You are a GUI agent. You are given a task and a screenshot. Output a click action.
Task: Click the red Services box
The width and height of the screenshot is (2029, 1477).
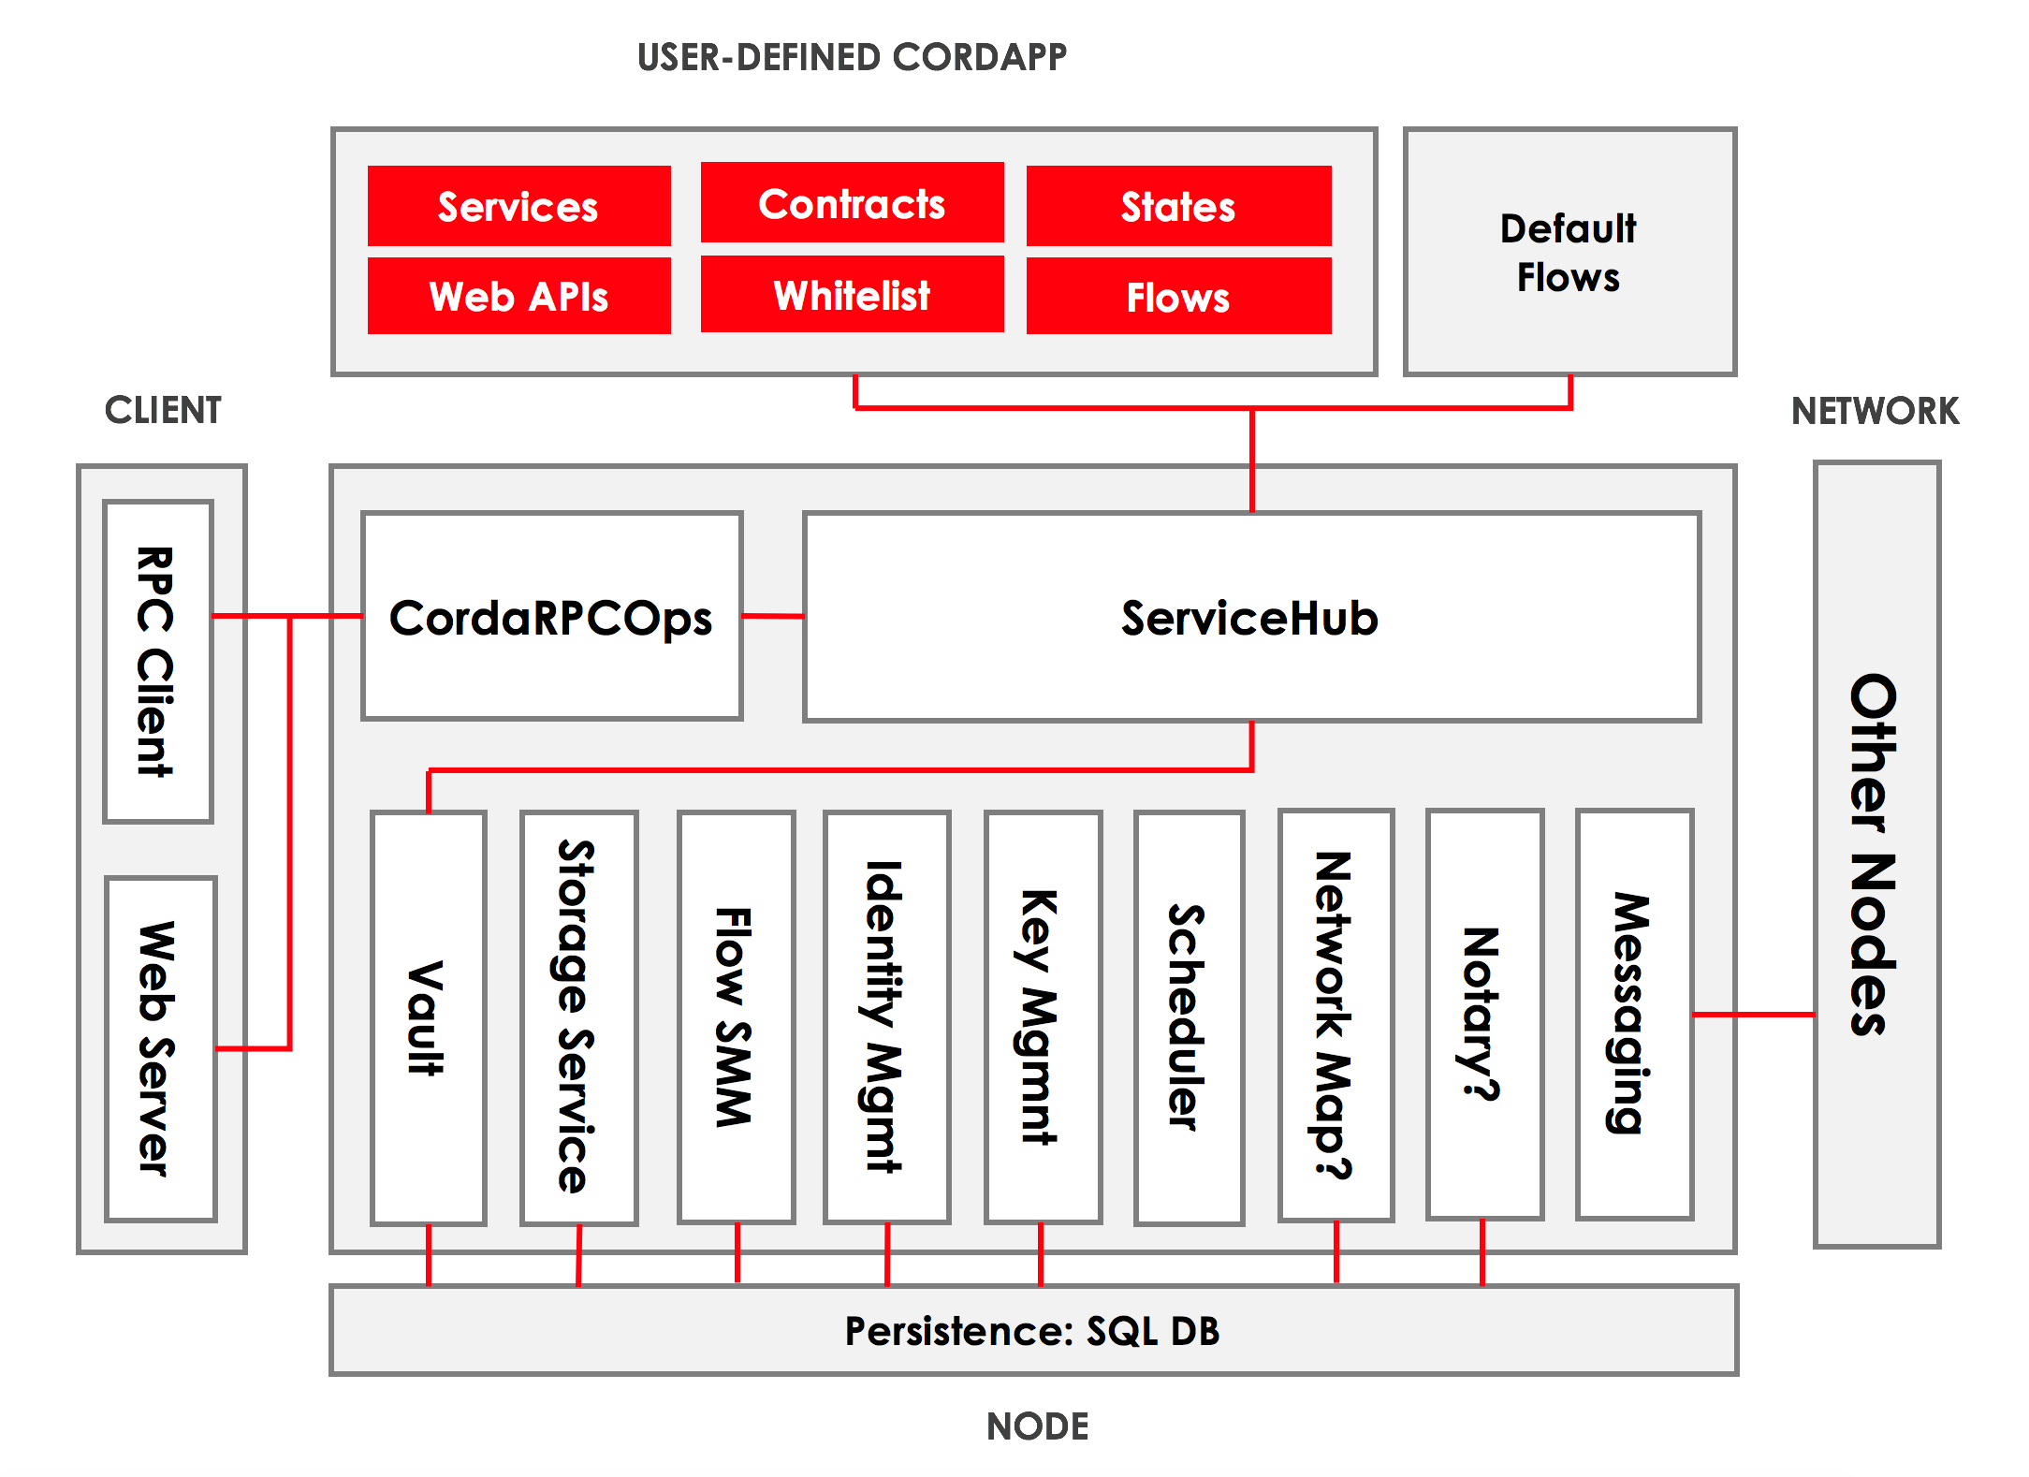click(518, 206)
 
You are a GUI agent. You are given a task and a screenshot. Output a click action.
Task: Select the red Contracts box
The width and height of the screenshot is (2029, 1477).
click(852, 203)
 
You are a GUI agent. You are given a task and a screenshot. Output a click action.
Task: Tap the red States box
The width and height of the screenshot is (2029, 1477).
click(1178, 206)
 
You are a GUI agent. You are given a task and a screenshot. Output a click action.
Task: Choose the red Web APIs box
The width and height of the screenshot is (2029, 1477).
click(518, 296)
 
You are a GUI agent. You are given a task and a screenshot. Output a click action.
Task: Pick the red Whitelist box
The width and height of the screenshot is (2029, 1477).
click(852, 295)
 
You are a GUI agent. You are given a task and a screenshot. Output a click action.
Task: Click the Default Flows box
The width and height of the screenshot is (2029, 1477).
click(1569, 253)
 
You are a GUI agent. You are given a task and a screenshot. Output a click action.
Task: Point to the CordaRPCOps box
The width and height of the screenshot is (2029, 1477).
click(552, 617)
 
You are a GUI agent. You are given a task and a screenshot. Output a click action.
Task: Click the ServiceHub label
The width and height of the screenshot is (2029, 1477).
click(1250, 619)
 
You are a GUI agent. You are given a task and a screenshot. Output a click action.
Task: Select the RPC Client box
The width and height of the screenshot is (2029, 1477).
click(158, 662)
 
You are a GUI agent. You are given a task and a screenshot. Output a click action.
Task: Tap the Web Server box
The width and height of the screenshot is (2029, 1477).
click(161, 1049)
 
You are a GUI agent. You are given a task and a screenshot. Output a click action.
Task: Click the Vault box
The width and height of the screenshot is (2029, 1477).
click(429, 1017)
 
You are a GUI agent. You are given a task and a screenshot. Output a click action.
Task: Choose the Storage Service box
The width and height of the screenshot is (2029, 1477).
click(578, 1017)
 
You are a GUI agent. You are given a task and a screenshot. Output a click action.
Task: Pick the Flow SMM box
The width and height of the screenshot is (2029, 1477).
click(737, 1017)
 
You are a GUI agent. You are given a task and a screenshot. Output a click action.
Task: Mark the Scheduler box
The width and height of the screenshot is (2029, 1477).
click(1189, 1017)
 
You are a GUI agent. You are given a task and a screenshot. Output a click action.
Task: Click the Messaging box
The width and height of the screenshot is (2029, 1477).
click(1634, 1015)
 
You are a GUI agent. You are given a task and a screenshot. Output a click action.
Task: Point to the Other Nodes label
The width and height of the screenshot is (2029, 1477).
click(1876, 854)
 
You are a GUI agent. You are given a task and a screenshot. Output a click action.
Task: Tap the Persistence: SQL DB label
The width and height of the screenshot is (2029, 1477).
click(1032, 1331)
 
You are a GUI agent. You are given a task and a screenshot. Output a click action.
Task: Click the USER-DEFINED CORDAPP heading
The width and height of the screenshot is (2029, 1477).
click(852, 57)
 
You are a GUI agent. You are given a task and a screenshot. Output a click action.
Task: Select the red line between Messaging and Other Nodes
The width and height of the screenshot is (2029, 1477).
click(1753, 1014)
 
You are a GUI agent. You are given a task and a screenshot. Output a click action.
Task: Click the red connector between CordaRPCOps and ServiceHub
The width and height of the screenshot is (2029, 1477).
click(773, 616)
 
